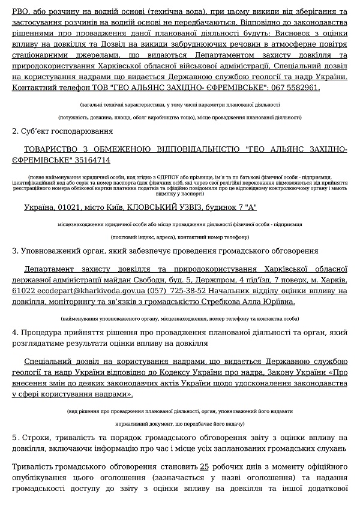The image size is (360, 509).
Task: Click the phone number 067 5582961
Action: click(x=293, y=88)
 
